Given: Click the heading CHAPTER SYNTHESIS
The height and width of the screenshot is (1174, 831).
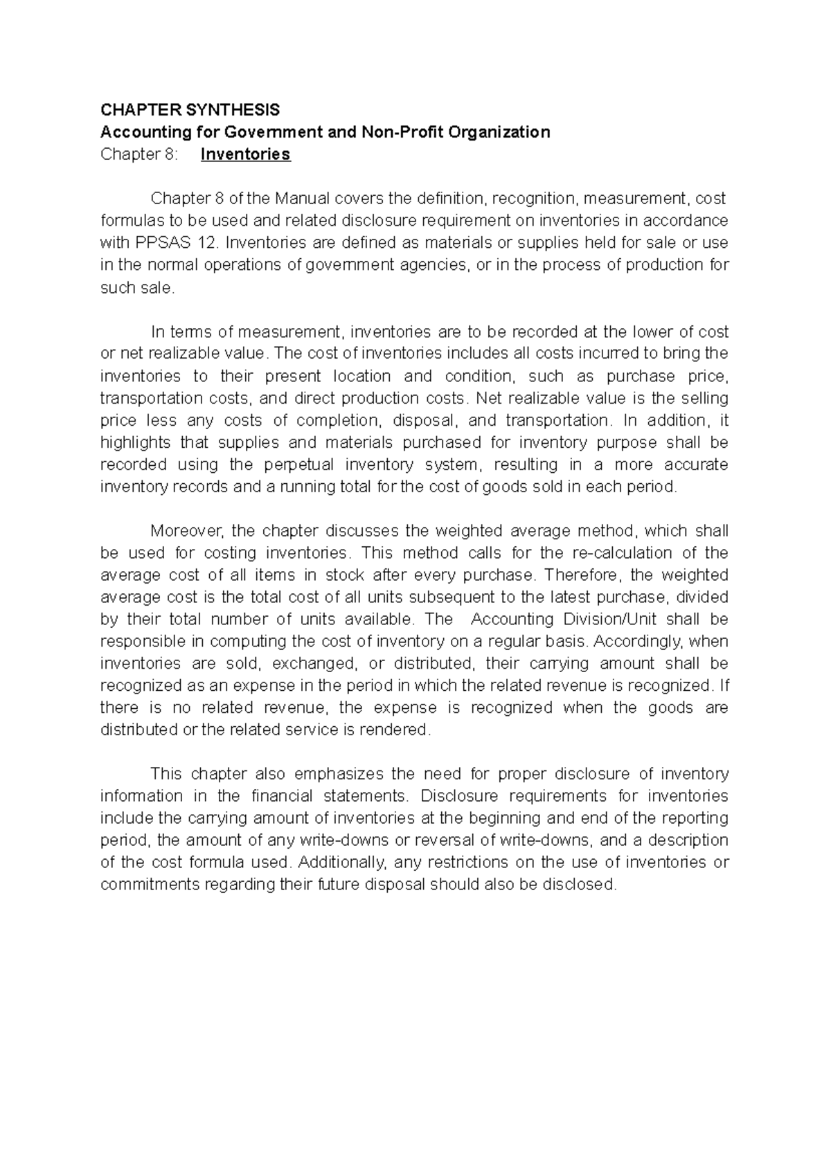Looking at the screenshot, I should [x=190, y=109].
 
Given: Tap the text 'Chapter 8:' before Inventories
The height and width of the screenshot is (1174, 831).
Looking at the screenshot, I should [x=138, y=154].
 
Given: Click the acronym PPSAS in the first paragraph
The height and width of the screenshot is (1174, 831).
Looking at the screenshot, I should [x=161, y=242].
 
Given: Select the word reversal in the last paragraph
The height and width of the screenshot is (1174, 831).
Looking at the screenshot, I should [x=452, y=840].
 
